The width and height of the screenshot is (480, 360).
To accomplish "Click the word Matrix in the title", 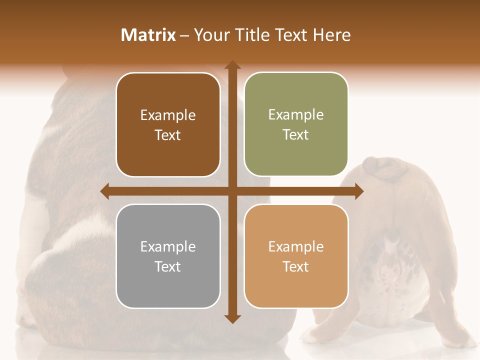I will (x=148, y=35).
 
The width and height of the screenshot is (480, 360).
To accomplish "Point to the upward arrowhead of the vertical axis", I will (x=232, y=65).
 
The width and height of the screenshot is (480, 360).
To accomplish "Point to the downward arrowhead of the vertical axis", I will (x=232, y=319).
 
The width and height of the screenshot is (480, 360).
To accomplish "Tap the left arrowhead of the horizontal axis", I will (x=104, y=191).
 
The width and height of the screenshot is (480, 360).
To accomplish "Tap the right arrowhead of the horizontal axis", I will (x=359, y=191).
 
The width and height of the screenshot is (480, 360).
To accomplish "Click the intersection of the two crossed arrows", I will (x=232, y=191).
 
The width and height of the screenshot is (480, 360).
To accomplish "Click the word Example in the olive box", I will (x=296, y=115).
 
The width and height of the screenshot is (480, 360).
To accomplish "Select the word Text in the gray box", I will (x=168, y=266).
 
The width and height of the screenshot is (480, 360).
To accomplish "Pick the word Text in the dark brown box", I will (x=168, y=135).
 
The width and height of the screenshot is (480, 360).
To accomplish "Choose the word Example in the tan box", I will (x=296, y=246).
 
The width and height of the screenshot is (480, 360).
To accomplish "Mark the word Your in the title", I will (x=210, y=35).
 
